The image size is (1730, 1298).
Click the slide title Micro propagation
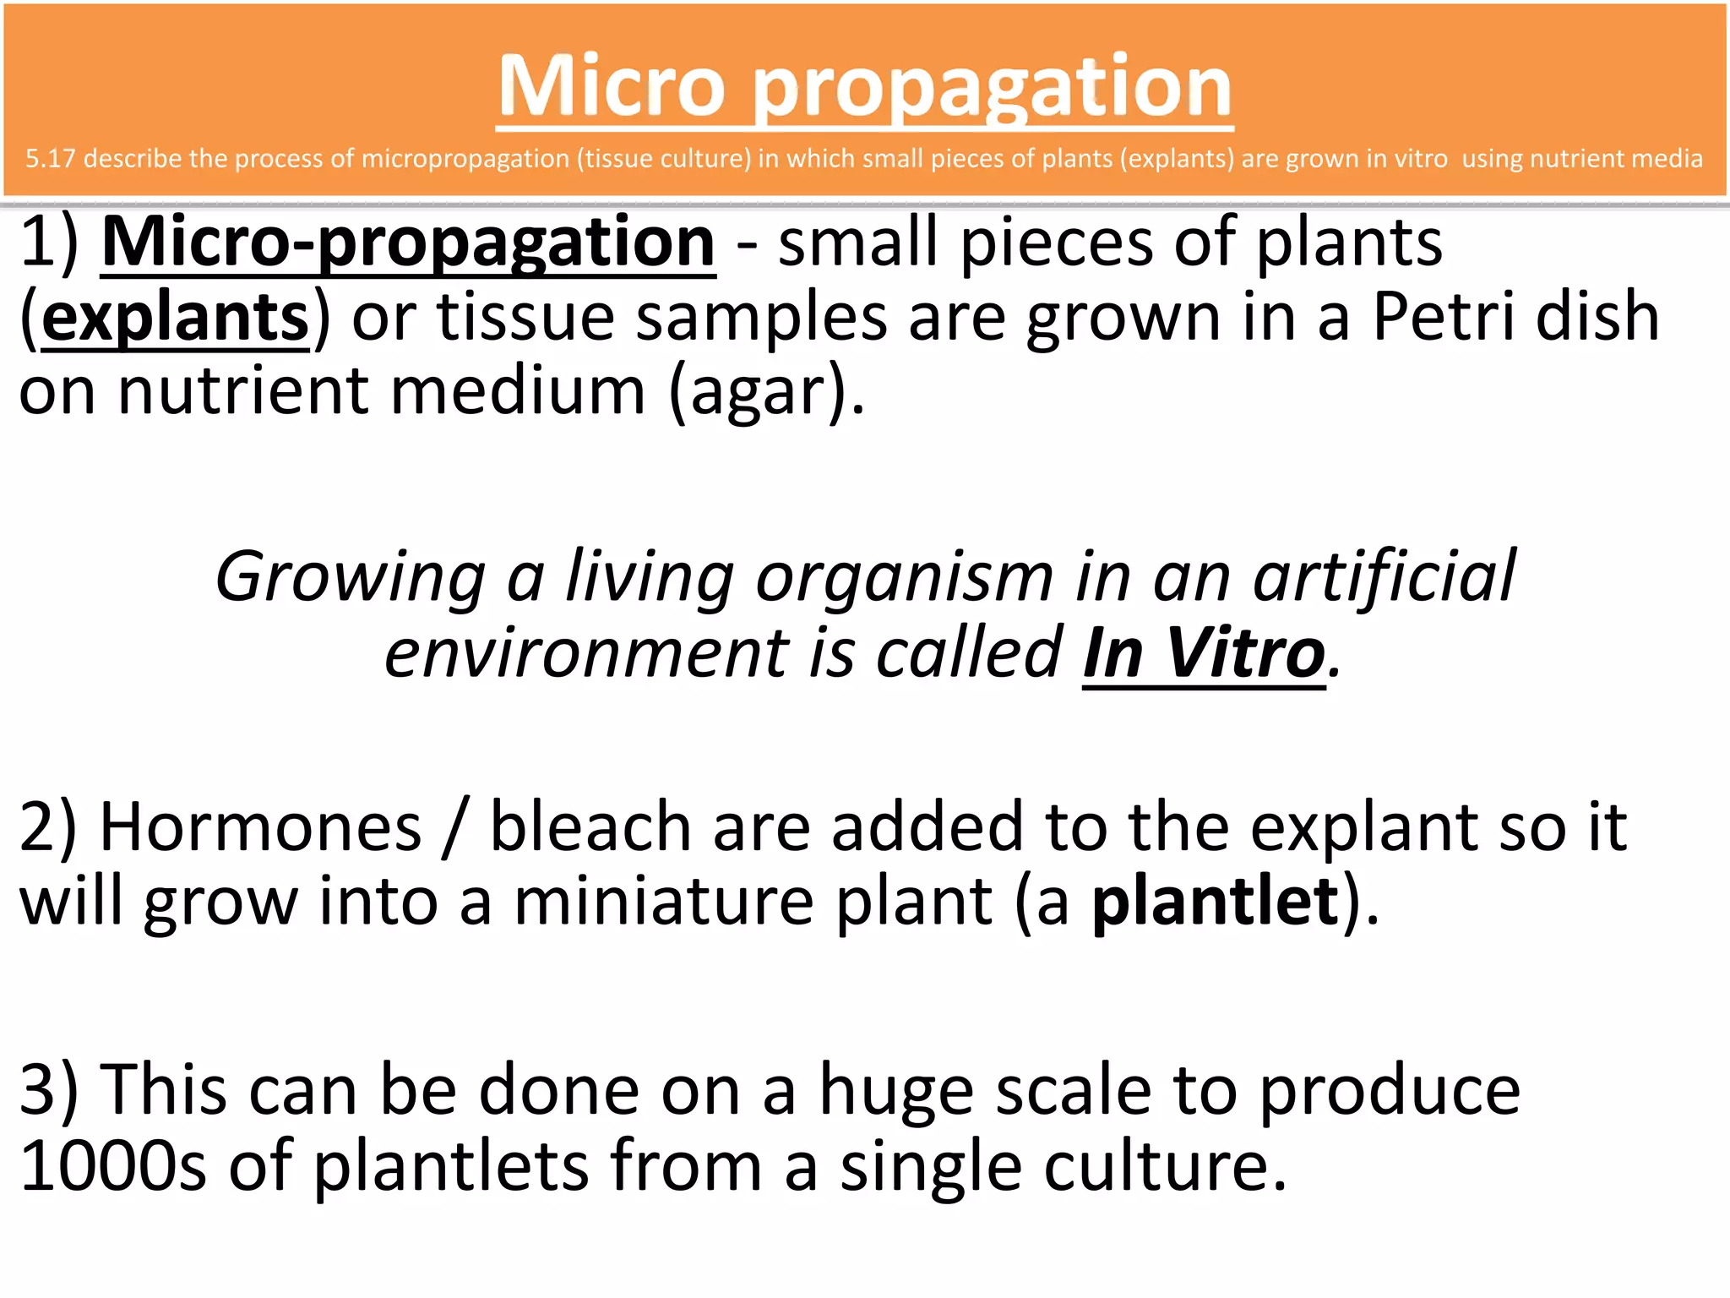point(864,87)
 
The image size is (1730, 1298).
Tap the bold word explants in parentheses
point(175,318)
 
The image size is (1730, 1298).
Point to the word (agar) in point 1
point(766,392)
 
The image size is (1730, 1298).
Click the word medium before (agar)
point(518,391)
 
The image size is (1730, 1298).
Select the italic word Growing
point(350,577)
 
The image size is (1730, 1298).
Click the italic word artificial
point(1385,577)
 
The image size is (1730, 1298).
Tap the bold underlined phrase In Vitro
point(1204,653)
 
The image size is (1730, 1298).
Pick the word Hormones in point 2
point(260,827)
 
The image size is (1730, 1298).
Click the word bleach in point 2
point(590,827)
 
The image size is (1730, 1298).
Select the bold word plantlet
point(1216,903)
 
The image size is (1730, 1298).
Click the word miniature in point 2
point(663,903)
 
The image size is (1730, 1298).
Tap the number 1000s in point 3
point(112,1167)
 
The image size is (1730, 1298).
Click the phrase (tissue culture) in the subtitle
point(663,159)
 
